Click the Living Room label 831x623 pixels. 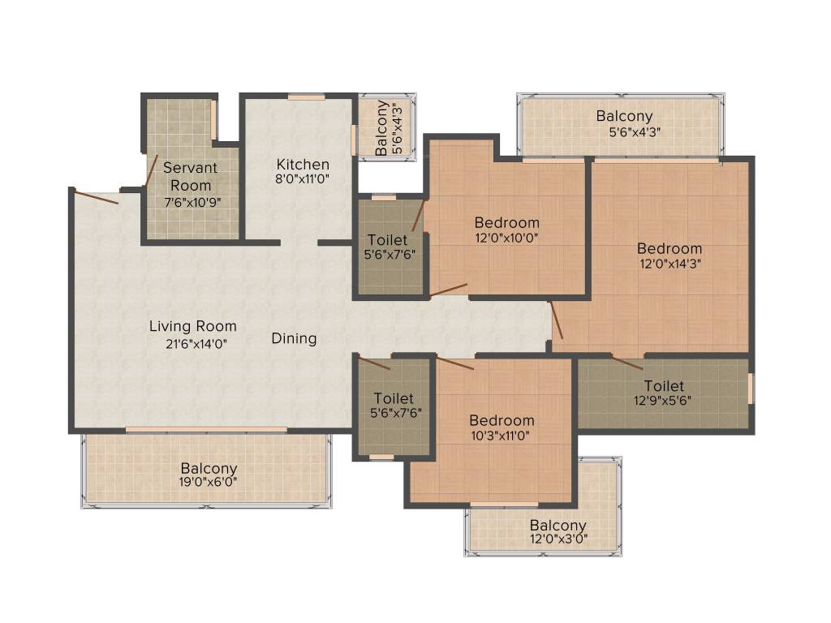[x=193, y=326]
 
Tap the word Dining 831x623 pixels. [x=294, y=338]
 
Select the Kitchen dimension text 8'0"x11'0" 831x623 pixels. [x=302, y=179]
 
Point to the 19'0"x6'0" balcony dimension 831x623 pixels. [x=209, y=483]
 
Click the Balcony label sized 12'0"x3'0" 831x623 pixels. [x=558, y=526]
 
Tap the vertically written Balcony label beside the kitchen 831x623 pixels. [x=381, y=128]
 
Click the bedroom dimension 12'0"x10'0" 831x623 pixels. [x=507, y=238]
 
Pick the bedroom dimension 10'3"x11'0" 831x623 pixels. [x=502, y=436]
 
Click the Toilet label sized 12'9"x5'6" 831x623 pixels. [x=664, y=385]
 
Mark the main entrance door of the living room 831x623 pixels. [x=96, y=196]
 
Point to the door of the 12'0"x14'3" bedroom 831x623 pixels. [x=556, y=320]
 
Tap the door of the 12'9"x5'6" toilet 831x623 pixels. [x=627, y=363]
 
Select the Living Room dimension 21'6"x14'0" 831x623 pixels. [x=193, y=342]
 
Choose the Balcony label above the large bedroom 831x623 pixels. [x=624, y=116]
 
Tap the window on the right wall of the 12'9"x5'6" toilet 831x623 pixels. [x=750, y=388]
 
